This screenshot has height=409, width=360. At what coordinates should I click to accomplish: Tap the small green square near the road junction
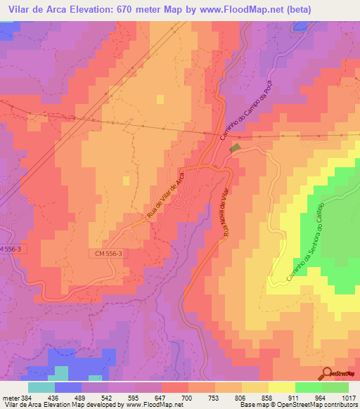click(235, 148)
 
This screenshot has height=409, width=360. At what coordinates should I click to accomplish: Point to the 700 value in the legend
click(187, 397)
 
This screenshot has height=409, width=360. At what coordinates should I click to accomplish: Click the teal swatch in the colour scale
click(41, 387)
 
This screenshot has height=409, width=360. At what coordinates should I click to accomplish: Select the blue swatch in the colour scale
click(67, 387)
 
